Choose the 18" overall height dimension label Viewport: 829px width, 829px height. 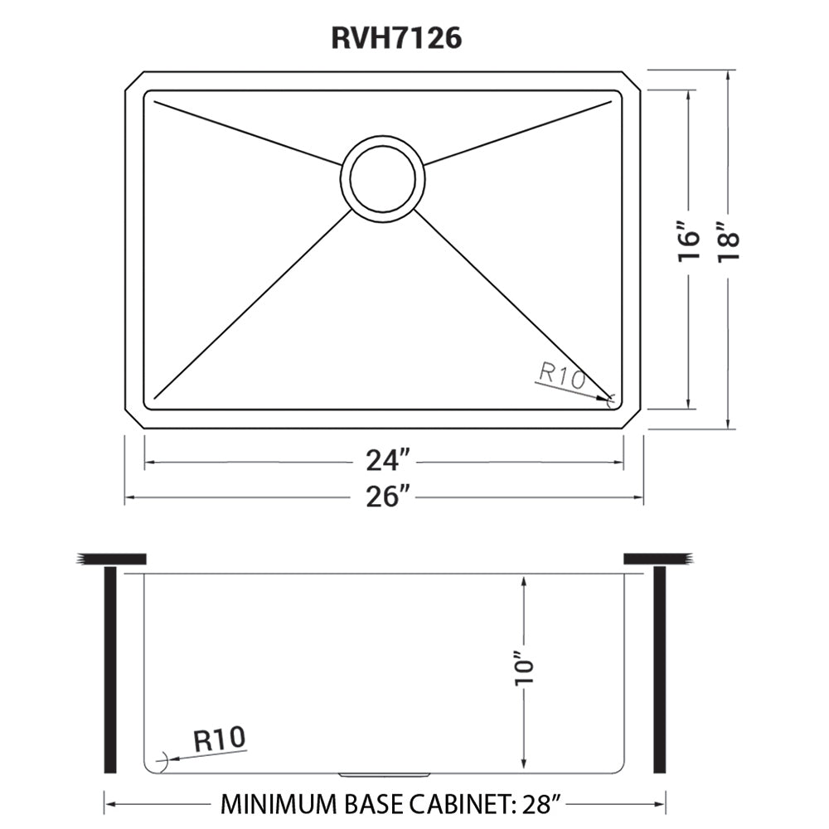coord(727,244)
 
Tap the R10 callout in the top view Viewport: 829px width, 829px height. coord(561,376)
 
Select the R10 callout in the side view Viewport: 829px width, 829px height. coord(220,739)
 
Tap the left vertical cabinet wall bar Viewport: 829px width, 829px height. coord(109,669)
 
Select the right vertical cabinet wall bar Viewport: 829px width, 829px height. coord(659,669)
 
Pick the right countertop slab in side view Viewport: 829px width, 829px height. coord(657,559)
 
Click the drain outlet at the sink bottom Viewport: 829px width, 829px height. coord(384,774)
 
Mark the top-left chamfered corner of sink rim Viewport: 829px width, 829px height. coord(133,80)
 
